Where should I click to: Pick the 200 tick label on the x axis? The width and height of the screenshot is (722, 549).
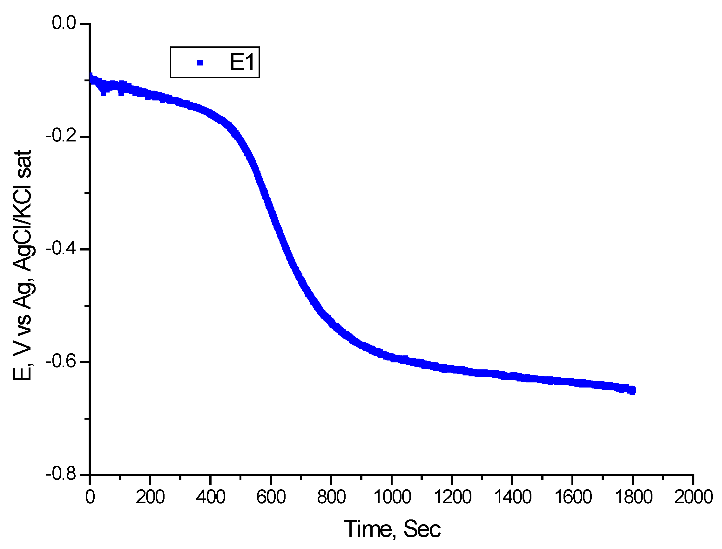click(150, 497)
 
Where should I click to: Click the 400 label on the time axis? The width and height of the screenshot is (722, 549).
click(210, 497)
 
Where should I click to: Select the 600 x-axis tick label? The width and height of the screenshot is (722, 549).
click(271, 497)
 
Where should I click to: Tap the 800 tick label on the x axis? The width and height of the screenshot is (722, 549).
click(331, 497)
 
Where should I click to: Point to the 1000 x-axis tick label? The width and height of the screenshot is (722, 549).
click(392, 497)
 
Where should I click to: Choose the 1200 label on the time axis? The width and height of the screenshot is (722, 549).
click(452, 497)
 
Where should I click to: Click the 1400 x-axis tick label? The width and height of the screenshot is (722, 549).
click(512, 497)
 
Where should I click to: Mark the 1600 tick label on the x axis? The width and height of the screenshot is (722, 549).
click(573, 497)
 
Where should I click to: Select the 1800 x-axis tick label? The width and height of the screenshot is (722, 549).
click(633, 497)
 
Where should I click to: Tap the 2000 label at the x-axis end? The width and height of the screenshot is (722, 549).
click(693, 497)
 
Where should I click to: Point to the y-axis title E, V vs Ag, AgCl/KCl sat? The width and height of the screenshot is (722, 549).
click(22, 265)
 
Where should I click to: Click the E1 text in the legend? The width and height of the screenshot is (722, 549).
click(242, 62)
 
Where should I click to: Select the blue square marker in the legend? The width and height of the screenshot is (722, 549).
click(200, 63)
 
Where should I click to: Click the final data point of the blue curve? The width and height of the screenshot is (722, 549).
click(632, 390)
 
